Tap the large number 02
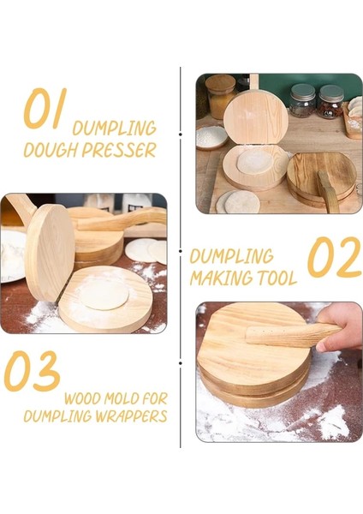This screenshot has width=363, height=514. click(333, 257)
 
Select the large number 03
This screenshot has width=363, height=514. click(32, 372)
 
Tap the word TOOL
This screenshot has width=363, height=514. click(277, 278)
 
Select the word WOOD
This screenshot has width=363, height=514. click(85, 398)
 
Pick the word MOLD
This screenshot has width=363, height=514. click(129, 398)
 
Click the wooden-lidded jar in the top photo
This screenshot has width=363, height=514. click(220, 95)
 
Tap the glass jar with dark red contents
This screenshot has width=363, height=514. click(330, 101)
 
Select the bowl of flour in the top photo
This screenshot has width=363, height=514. click(211, 137)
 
